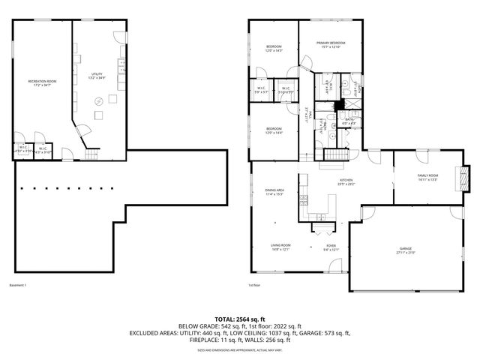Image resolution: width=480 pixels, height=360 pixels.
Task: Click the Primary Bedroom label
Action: tap(330, 43)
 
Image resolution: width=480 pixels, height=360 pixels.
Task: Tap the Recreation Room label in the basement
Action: tap(42, 80)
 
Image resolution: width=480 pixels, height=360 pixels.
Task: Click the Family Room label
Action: tap(428, 175)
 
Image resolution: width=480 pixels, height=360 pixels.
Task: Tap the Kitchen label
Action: tap(346, 181)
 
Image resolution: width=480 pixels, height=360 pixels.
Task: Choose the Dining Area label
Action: tap(274, 190)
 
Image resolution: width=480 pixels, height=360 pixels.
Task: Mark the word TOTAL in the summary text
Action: tap(225, 319)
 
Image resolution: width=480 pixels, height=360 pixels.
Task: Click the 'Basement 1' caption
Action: tap(18, 286)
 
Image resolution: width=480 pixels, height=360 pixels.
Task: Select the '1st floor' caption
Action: tap(253, 286)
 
